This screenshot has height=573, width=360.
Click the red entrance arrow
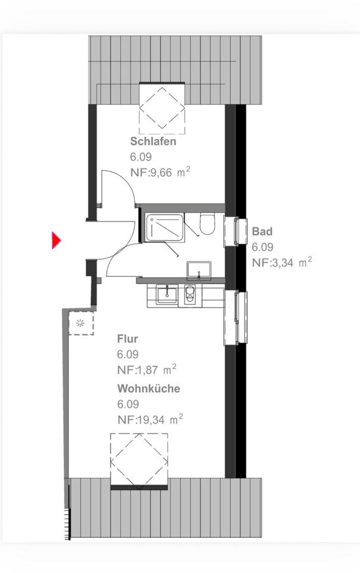(56, 241)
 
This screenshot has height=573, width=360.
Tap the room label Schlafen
(153, 142)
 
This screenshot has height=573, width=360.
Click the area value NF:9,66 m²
(160, 172)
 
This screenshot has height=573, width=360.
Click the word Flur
(128, 340)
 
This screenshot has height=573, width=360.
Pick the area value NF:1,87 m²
(146, 370)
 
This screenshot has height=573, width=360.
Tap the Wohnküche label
(149, 389)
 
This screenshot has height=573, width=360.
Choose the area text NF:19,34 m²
(149, 420)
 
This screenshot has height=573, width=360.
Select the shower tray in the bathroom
(165, 227)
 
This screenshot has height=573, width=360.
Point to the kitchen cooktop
(190, 295)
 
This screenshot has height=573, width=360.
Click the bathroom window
(235, 232)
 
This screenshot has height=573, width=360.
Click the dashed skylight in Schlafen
(162, 109)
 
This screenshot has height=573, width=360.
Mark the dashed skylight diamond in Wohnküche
(139, 459)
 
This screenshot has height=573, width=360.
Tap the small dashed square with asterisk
(80, 324)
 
